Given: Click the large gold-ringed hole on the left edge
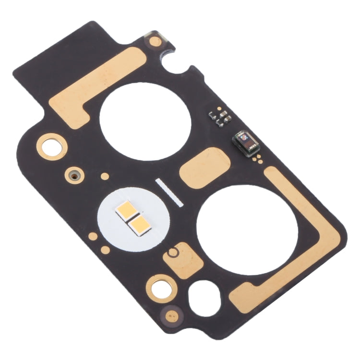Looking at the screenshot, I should pyautogui.click(x=50, y=144).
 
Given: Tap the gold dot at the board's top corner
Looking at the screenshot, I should pyautogui.click(x=155, y=41).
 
